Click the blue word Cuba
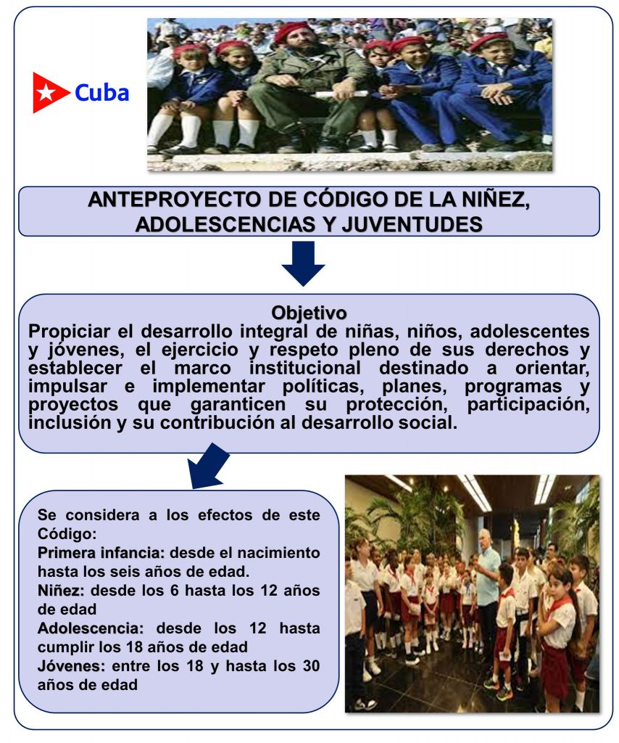101,92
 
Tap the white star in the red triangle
46,92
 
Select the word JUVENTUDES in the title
412,224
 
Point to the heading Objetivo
309,313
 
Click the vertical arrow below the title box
303,263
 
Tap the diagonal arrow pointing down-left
207,466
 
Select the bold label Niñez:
61,591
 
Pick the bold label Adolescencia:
91,628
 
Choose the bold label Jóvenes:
72,666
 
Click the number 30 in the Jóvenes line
311,666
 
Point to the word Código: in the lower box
67,533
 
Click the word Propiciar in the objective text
69,332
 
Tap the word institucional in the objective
304,368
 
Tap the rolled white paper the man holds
341,94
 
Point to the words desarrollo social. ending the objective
379,423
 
